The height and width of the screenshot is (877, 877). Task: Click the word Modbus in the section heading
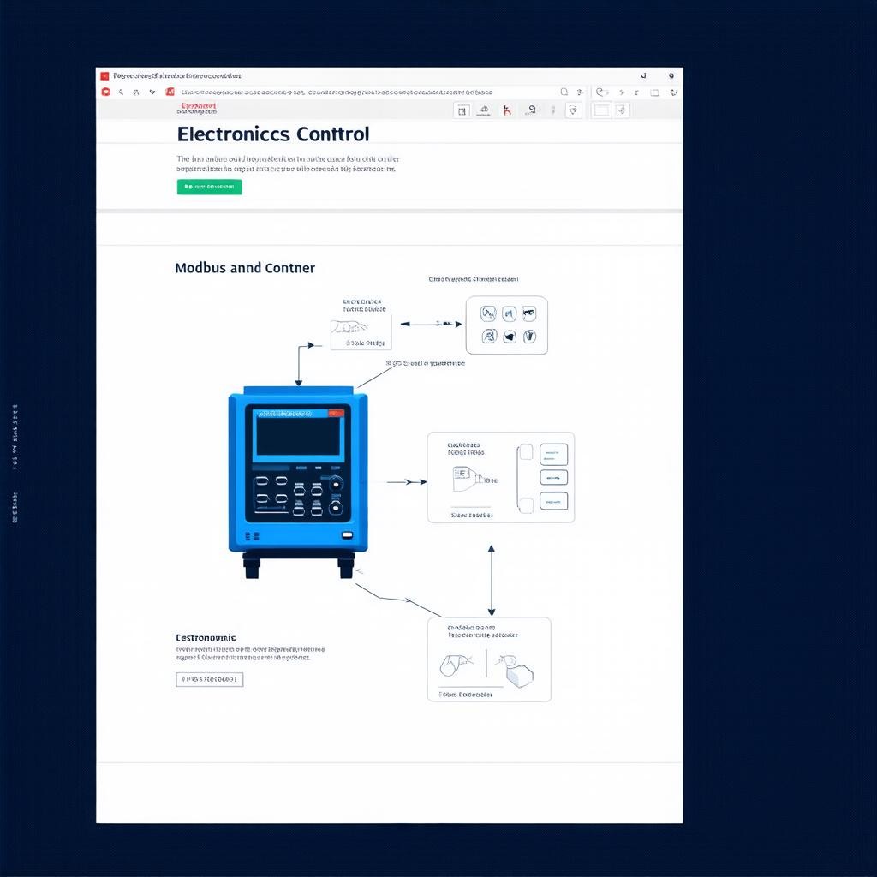click(x=200, y=268)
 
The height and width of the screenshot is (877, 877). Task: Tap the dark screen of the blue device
click(x=298, y=436)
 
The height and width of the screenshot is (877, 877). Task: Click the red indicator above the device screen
click(x=337, y=413)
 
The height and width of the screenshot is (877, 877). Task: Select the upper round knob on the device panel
click(x=337, y=483)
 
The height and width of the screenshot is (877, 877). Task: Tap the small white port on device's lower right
click(x=347, y=535)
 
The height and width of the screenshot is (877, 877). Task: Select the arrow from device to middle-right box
click(x=406, y=482)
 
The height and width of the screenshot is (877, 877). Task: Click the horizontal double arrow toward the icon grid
click(x=431, y=324)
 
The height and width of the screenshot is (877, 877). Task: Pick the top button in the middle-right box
click(x=553, y=453)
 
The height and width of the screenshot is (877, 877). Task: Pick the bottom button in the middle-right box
click(x=553, y=501)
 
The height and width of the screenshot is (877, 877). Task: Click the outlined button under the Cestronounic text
click(x=209, y=680)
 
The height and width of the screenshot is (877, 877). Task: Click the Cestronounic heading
click(x=206, y=638)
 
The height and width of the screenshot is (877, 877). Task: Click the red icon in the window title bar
click(x=105, y=76)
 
